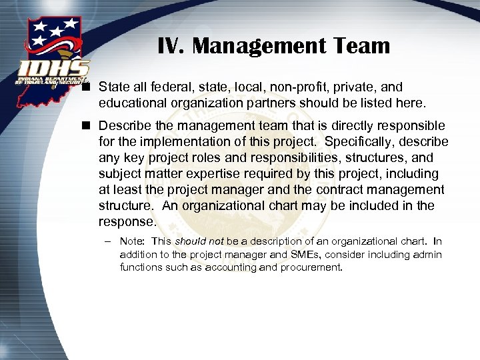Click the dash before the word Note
107,241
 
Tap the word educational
132,103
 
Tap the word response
126,221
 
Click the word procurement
311,267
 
